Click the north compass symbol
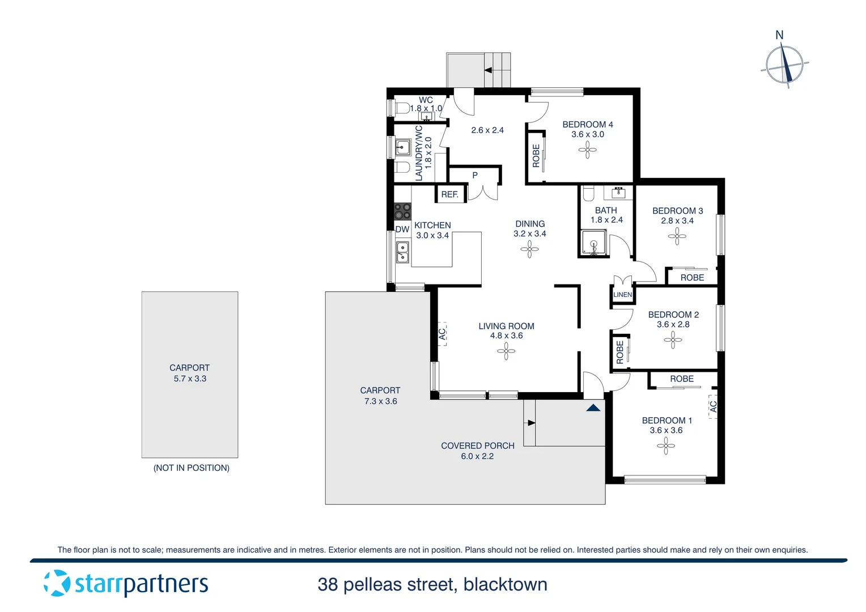coord(784,65)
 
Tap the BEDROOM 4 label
coord(587,125)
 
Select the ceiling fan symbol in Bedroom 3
coord(677,236)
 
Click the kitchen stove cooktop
coord(402,211)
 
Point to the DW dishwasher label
coord(402,229)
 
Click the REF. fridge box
coord(450,194)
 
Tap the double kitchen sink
coord(402,252)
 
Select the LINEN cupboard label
coord(622,295)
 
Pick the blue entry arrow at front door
coord(593,407)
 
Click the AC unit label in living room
coord(443,334)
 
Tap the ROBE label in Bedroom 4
coord(536,156)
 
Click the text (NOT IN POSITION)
coord(192,468)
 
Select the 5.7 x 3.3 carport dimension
coord(190,379)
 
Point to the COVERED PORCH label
coord(478,446)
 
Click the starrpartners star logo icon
coord(57,583)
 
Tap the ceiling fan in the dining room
coord(529,249)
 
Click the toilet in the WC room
coord(402,108)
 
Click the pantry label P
coord(475,176)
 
